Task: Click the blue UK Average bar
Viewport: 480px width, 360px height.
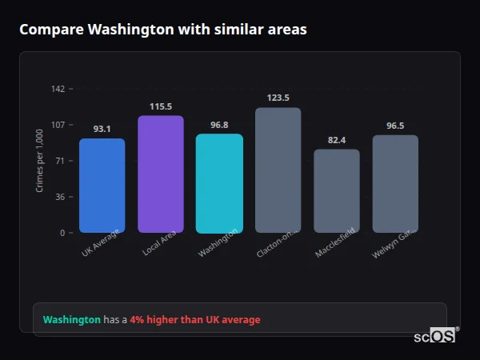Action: pos(102,186)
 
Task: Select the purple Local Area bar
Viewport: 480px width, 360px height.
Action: pos(161,174)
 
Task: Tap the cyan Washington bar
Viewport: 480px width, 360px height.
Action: pos(219,183)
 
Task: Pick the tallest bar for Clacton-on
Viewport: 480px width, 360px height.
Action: pos(278,170)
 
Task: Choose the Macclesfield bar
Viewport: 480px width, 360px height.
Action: pos(337,191)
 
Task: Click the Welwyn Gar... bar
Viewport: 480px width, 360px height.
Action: pos(395,184)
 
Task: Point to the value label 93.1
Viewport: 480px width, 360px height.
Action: pos(102,129)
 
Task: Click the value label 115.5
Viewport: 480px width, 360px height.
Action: pos(161,106)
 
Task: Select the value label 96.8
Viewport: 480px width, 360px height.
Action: pos(219,125)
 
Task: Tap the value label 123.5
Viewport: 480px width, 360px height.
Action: pos(278,98)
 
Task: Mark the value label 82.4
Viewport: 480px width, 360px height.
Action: pos(337,140)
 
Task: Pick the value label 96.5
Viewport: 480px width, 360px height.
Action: pos(395,126)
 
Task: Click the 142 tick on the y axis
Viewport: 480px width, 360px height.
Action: pos(58,89)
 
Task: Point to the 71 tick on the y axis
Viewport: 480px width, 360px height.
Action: pos(60,161)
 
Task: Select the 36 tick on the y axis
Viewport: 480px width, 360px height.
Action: pos(60,197)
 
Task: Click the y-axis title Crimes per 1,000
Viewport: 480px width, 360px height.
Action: pos(40,161)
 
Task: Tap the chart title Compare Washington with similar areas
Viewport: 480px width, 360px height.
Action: pos(162,30)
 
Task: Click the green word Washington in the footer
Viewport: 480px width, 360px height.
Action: pos(71,320)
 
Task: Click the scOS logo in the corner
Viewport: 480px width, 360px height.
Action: pos(435,337)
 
